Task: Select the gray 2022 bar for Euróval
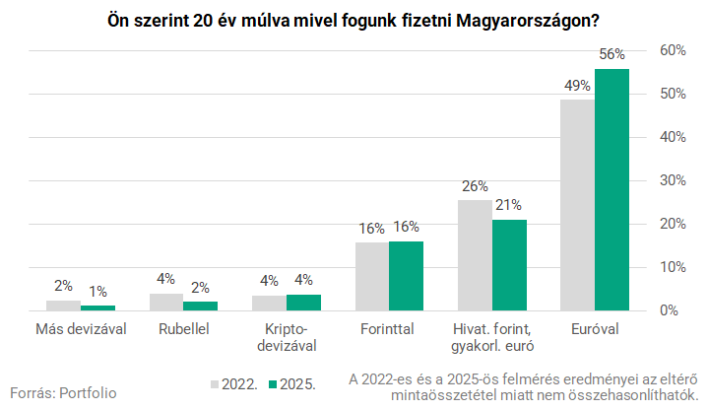coord(577,204)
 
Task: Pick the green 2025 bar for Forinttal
coord(406,276)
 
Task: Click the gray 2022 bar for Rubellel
coord(166,302)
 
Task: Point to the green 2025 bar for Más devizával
coord(97,307)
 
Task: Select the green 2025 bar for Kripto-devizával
coord(303,303)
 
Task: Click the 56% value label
coord(611,55)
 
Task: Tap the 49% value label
coord(577,86)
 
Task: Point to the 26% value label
coord(475,185)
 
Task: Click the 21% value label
coord(509,206)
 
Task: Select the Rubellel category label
coord(183,329)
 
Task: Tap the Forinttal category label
coord(388,329)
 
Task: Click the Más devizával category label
coord(81,329)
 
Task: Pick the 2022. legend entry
coord(233,384)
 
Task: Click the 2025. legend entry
coord(294,384)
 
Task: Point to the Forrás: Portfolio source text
coord(63,392)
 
